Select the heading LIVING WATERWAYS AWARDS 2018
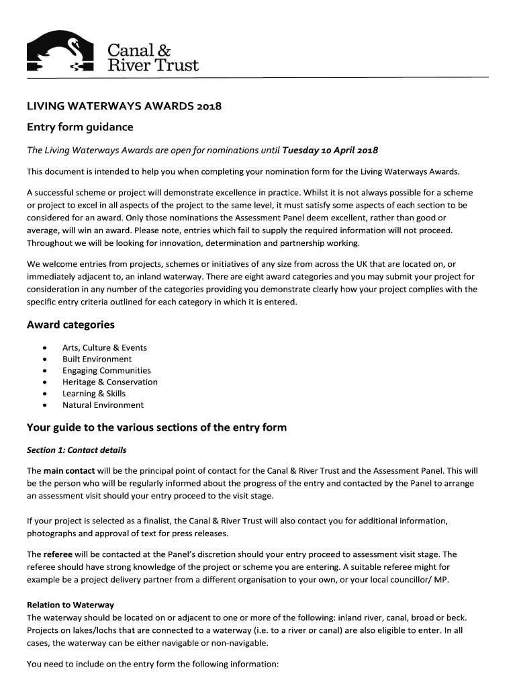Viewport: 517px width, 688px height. (x=124, y=106)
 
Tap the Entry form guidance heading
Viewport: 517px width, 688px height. (x=80, y=127)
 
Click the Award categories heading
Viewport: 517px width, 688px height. (x=70, y=325)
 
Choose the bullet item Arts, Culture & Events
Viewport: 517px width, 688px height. (x=104, y=348)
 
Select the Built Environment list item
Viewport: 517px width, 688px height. (x=97, y=359)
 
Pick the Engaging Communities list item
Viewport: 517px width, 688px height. (x=106, y=371)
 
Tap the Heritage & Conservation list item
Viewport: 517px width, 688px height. (x=109, y=382)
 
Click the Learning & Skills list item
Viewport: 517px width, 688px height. (x=94, y=394)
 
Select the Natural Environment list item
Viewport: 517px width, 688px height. (x=103, y=405)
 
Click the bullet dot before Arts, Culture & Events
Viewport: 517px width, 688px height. (x=44, y=348)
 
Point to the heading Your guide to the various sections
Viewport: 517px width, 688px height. (x=156, y=427)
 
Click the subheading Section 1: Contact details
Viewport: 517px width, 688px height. (x=77, y=450)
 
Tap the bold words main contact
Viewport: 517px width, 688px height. (x=69, y=470)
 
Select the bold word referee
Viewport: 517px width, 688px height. (x=58, y=555)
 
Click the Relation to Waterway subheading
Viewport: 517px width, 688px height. (x=70, y=605)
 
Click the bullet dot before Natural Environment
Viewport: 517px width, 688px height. (x=44, y=405)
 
